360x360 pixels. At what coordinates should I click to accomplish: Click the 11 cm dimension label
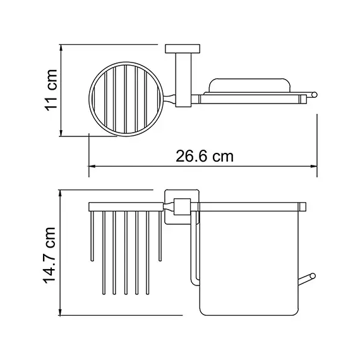(x=51, y=90)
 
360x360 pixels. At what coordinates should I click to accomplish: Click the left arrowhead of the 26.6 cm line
(x=90, y=167)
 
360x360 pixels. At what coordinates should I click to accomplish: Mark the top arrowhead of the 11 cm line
(x=61, y=47)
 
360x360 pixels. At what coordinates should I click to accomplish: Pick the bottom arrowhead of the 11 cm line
(x=61, y=133)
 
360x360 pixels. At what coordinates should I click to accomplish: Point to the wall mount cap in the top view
(x=182, y=49)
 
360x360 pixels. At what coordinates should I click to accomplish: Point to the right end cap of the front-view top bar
(x=303, y=206)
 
